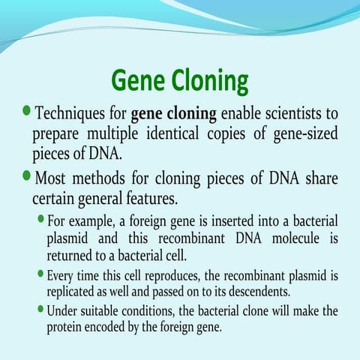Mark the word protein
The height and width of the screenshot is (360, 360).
(x=66, y=326)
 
